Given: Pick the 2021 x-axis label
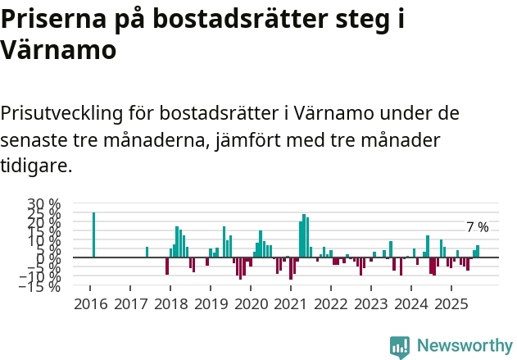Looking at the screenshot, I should pyautogui.click(x=290, y=304).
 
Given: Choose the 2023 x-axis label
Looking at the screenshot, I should pyautogui.click(x=370, y=304).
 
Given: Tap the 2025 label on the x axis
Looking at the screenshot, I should pyautogui.click(x=450, y=304).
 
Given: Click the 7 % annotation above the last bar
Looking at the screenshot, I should pyautogui.click(x=477, y=227).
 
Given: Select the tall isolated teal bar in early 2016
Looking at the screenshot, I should pyautogui.click(x=93, y=235).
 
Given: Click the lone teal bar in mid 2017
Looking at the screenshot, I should pyautogui.click(x=147, y=252).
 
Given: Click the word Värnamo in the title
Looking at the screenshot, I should pyautogui.click(x=58, y=49).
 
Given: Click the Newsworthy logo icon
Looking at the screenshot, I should pyautogui.click(x=400, y=346).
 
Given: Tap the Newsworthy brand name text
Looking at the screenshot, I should pyautogui.click(x=465, y=346).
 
